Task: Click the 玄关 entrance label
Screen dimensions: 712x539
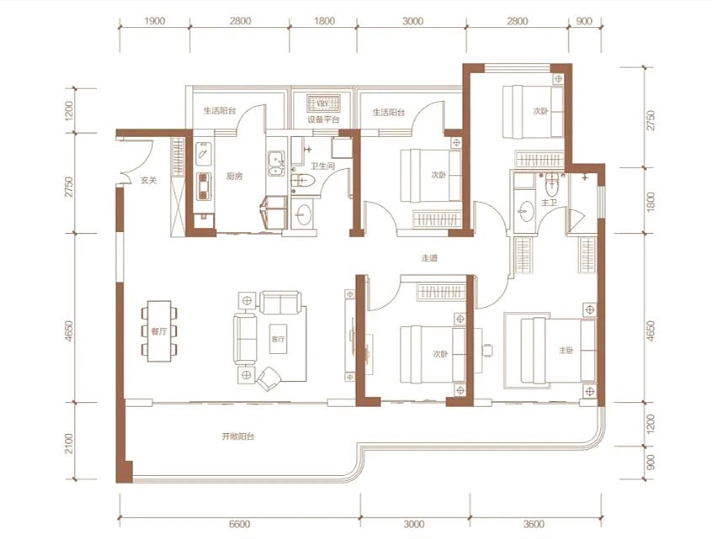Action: tap(148, 181)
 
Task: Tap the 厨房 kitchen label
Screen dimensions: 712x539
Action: tap(234, 176)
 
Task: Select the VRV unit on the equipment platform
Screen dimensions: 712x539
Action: tap(323, 103)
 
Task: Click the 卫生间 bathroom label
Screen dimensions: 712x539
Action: tap(322, 166)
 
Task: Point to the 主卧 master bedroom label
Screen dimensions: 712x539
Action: tap(566, 351)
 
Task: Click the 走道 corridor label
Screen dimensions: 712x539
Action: tap(429, 258)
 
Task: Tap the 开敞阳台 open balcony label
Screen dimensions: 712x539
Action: tap(238, 436)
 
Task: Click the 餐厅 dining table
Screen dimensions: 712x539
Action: tap(159, 331)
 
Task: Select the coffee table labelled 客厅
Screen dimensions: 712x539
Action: tap(278, 339)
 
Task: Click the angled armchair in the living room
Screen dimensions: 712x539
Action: tap(268, 379)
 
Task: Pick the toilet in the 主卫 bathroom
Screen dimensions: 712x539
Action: tap(552, 184)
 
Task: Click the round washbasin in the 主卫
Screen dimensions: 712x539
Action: tap(526, 211)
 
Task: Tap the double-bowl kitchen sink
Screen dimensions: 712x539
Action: tap(276, 164)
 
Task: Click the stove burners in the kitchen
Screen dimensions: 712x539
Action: tap(204, 186)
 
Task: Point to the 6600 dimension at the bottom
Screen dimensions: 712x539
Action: tap(239, 524)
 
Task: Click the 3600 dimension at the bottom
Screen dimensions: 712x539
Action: tap(534, 524)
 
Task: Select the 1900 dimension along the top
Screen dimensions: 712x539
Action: tap(155, 21)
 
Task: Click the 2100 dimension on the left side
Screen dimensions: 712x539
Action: tap(68, 443)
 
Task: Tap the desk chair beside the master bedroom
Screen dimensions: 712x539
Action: tap(487, 351)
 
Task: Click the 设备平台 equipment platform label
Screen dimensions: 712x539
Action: tap(323, 119)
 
